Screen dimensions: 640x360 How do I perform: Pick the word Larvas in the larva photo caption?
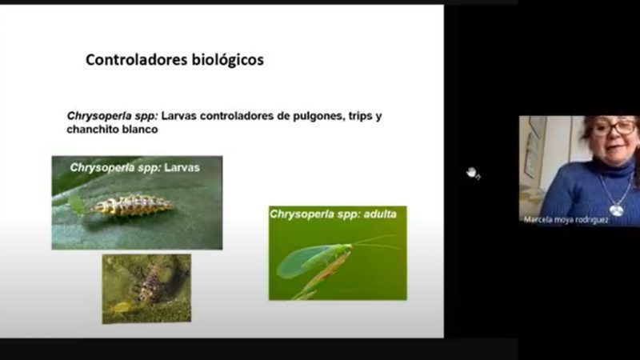182,168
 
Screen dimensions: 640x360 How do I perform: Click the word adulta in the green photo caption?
380,214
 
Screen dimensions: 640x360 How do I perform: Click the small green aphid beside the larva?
76,202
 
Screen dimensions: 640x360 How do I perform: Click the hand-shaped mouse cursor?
473,173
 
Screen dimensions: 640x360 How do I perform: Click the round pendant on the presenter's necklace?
616,210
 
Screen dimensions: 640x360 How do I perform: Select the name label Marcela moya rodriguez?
566,220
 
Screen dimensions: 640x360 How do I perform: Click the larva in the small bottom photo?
152,285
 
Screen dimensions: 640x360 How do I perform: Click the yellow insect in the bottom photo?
120,307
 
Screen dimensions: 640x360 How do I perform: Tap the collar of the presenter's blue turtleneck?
613,167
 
